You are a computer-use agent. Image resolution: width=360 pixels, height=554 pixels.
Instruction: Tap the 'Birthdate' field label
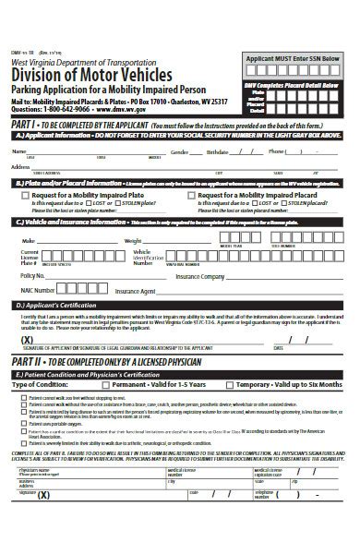click(x=217, y=151)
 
